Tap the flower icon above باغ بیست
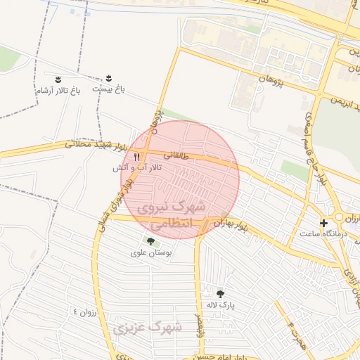(x=108, y=79)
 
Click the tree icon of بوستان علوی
(x=150, y=241)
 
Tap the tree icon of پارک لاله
(x=221, y=294)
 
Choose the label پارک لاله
(x=221, y=306)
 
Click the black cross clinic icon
(x=323, y=223)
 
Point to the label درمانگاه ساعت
(x=321, y=234)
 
